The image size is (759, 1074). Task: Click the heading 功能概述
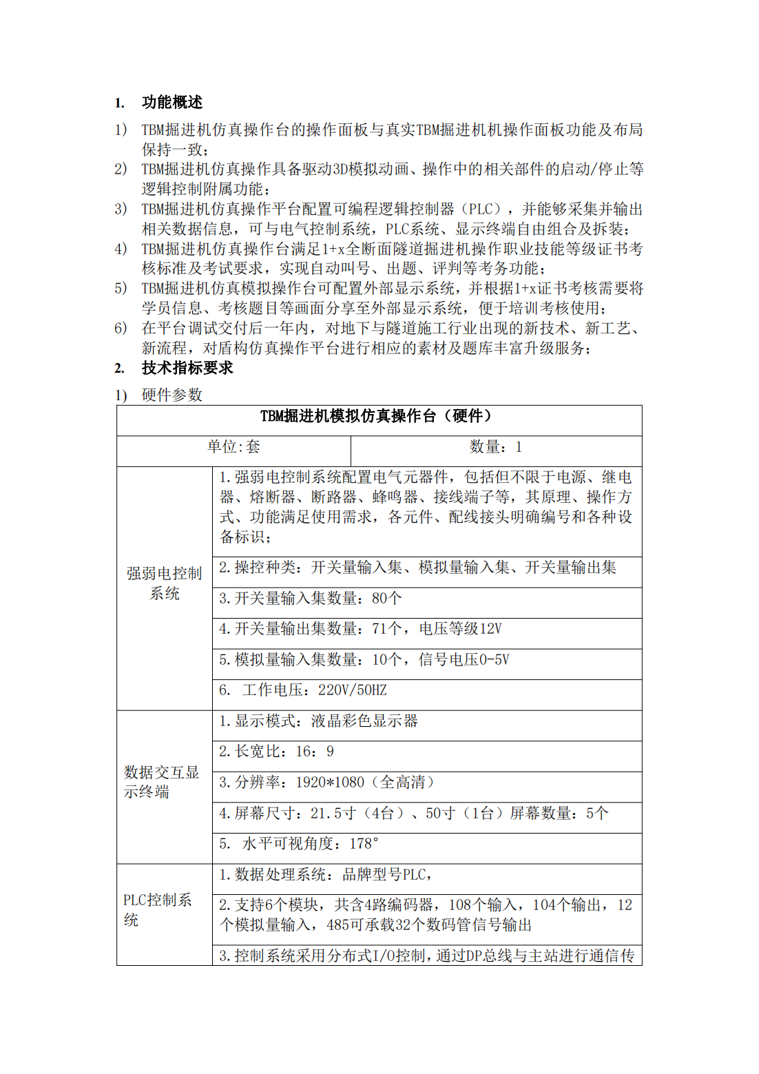tap(171, 103)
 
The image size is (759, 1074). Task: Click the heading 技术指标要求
tap(187, 368)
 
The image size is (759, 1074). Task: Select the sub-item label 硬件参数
tap(171, 395)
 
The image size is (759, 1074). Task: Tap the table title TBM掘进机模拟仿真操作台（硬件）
tap(378, 416)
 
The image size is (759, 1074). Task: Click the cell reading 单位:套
tap(233, 447)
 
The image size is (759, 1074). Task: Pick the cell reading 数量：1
tap(495, 447)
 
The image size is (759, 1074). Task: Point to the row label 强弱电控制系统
tap(164, 583)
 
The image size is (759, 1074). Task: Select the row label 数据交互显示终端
tap(161, 782)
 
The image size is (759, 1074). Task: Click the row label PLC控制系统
tap(158, 909)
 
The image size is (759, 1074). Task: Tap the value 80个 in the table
tap(386, 598)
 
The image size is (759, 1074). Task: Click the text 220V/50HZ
tap(352, 690)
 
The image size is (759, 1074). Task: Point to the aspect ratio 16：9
tap(315, 752)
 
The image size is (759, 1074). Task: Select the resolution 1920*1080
tap(330, 783)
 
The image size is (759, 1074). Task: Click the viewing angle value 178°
tap(364, 844)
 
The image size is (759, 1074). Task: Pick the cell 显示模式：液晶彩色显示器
tap(318, 721)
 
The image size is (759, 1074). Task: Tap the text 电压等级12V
tap(460, 629)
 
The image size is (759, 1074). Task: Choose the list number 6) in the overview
tap(121, 328)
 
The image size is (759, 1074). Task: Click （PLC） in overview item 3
tap(481, 209)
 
